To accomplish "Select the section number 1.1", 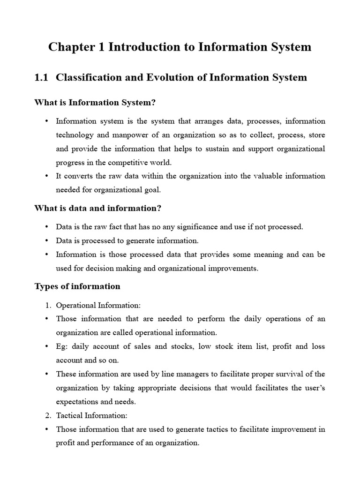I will click(x=41, y=78).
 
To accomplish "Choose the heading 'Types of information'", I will click(x=77, y=286).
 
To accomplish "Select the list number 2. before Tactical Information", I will click(x=48, y=415).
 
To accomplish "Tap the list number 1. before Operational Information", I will click(x=48, y=305).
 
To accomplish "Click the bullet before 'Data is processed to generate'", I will click(x=47, y=241).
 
